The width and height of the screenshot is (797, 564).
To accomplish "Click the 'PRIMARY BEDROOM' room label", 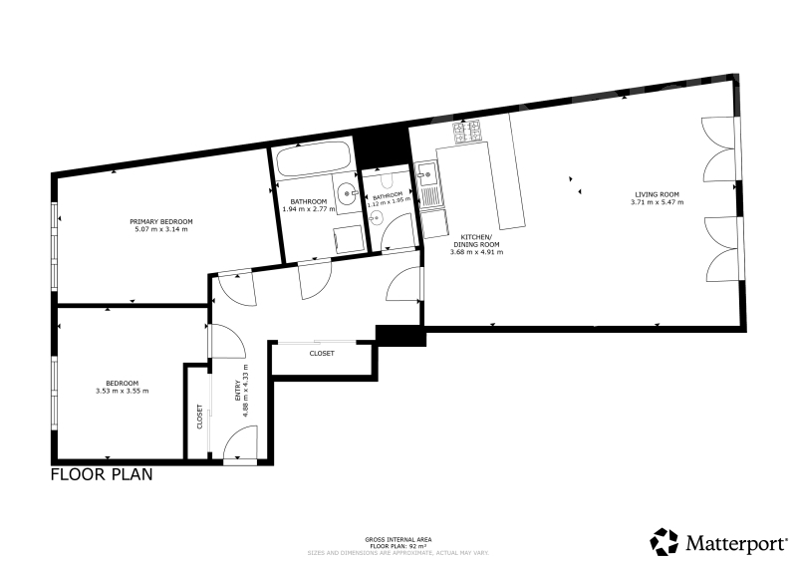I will pos(160,220).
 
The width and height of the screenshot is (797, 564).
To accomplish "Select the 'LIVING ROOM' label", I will pos(655,194).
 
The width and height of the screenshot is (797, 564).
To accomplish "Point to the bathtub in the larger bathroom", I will pos(313,159).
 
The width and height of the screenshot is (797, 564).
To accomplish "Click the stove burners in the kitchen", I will pos(466,130).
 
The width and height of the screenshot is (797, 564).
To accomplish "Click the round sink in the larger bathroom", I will pos(345,194).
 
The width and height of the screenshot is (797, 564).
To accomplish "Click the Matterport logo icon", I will pos(664,542).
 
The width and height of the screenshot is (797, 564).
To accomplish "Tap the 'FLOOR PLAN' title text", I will pos(102,475).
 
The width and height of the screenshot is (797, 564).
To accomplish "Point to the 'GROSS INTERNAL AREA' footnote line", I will pos(398,538).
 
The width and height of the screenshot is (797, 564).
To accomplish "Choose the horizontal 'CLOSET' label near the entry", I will pos(322,354).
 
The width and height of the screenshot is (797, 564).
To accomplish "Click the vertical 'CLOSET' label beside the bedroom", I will pos(199,417).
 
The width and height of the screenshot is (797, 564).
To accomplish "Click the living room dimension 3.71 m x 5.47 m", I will pos(655,202).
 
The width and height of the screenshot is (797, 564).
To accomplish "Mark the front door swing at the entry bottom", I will pos(242,443).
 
